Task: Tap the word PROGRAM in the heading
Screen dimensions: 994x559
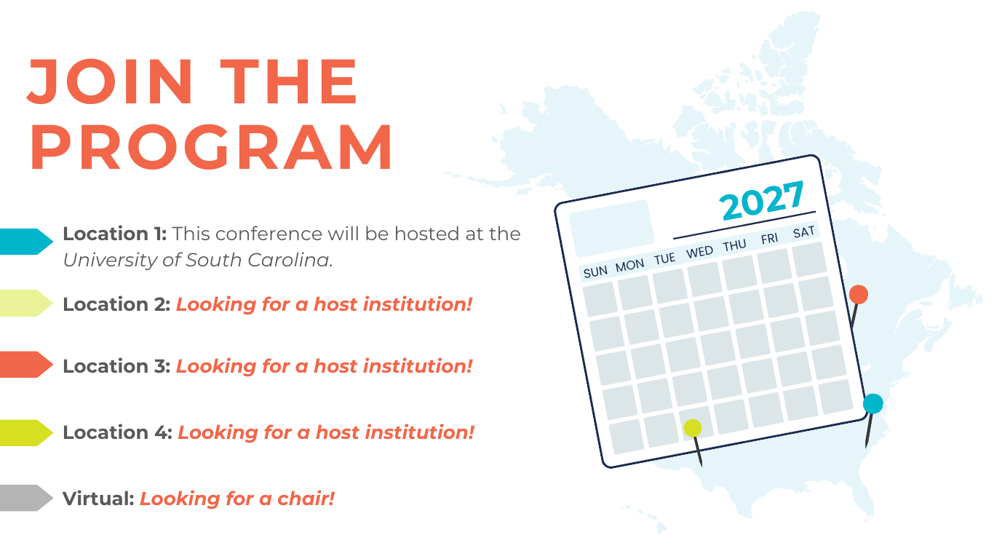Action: [x=211, y=148]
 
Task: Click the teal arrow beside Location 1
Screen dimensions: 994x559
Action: [x=25, y=242]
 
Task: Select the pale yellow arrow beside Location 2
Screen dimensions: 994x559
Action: [x=25, y=304]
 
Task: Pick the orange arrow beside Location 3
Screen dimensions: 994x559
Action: [x=25, y=365]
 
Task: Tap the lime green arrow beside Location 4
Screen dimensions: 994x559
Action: [x=25, y=433]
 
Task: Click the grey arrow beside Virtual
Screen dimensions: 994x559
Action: [x=25, y=498]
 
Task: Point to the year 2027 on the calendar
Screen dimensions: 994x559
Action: [x=761, y=201]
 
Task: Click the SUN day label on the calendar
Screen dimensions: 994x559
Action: [x=595, y=271]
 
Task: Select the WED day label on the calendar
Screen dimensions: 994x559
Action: [x=699, y=252]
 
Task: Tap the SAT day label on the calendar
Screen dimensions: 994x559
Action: [x=803, y=232]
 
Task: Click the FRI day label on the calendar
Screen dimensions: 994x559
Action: [x=769, y=239]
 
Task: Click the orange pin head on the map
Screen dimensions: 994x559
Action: [x=859, y=294]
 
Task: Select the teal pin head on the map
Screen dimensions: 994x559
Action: [x=873, y=404]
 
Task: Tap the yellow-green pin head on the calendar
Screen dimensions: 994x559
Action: [x=692, y=428]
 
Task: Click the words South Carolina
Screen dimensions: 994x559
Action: [x=258, y=260]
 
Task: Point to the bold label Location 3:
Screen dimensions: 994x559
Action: [x=116, y=366]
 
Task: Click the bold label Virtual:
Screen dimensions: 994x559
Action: [x=98, y=499]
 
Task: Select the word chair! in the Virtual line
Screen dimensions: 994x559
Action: [x=306, y=499]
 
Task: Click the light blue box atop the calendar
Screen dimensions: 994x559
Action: [x=611, y=228]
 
